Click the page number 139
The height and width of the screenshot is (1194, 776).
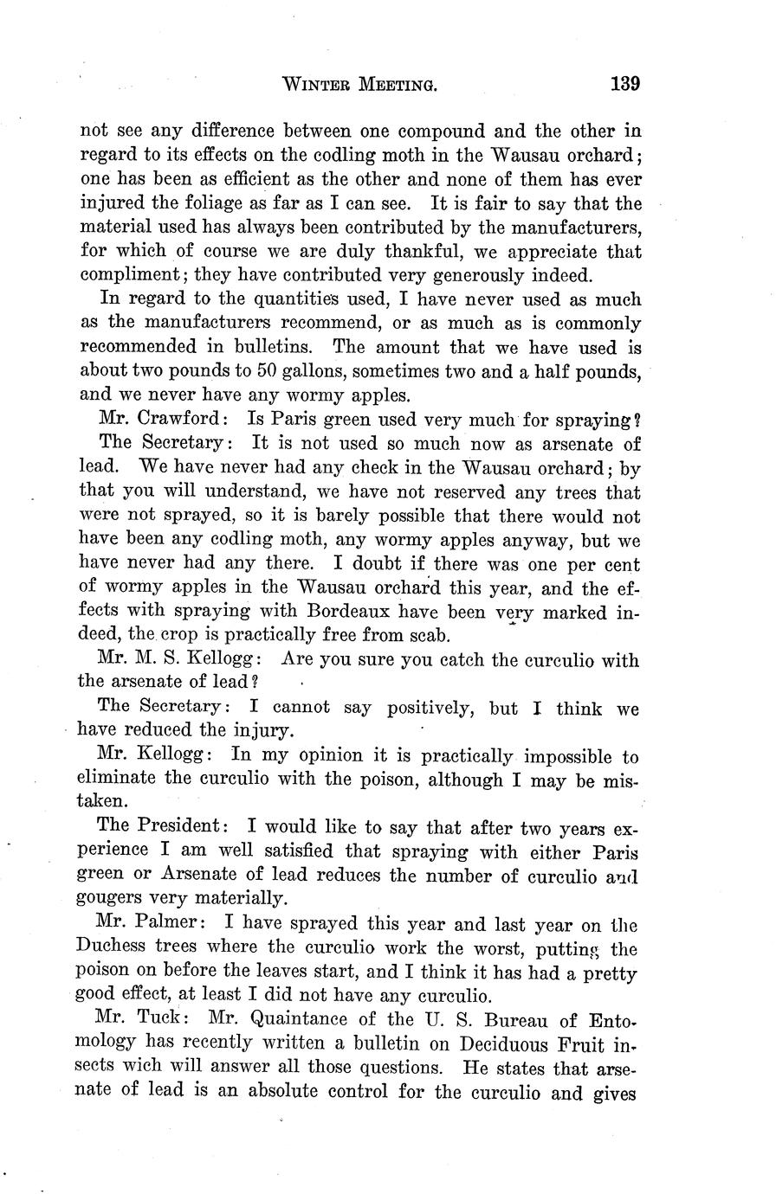pyautogui.click(x=624, y=84)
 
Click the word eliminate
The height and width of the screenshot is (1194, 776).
pyautogui.click(x=117, y=779)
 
